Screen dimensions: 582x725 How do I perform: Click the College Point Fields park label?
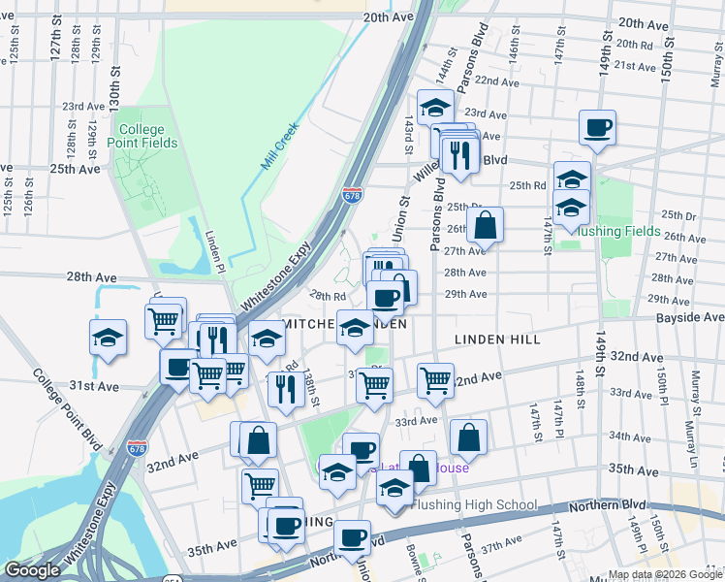click(x=147, y=136)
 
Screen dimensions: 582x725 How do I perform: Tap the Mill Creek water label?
click(x=280, y=145)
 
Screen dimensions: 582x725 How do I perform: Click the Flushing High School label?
click(x=474, y=504)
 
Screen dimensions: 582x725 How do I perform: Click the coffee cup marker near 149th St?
click(x=597, y=128)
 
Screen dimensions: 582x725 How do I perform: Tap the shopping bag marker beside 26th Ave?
click(x=485, y=225)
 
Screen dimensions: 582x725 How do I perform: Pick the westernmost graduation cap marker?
click(x=109, y=339)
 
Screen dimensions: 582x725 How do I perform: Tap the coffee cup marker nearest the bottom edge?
click(x=352, y=537)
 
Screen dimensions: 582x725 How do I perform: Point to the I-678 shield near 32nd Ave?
click(x=138, y=448)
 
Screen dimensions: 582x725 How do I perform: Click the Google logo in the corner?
click(x=32, y=570)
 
